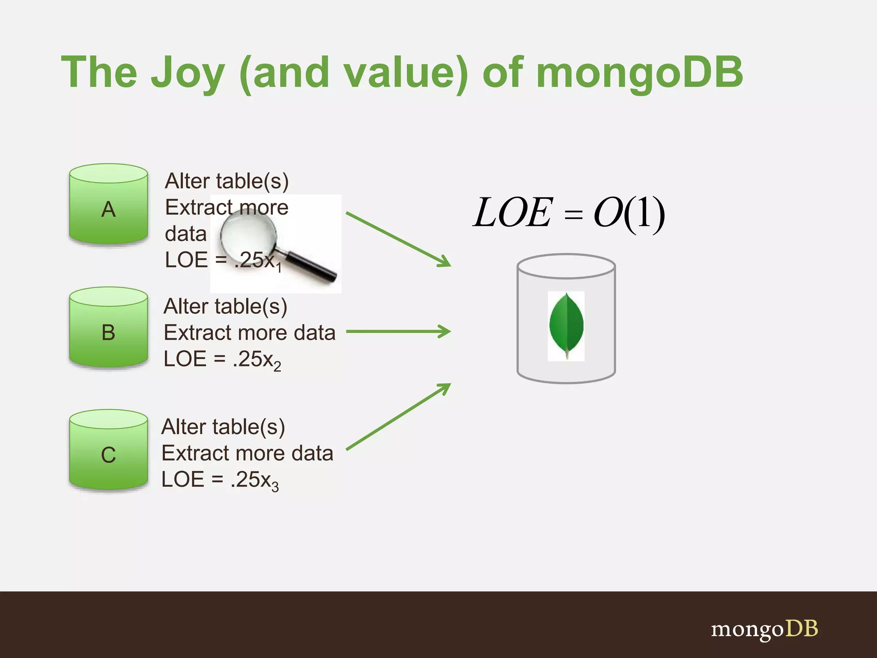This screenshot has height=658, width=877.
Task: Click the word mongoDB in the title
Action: point(639,74)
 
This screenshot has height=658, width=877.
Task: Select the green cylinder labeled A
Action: point(108,205)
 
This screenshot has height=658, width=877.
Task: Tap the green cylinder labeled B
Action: point(108,328)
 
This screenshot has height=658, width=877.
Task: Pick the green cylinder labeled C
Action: point(108,451)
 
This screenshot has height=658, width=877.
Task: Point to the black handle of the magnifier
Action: point(310,266)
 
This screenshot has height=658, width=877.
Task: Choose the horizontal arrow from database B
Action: point(398,331)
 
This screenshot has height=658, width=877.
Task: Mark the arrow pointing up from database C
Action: point(398,417)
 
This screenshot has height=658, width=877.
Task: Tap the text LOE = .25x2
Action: point(222,360)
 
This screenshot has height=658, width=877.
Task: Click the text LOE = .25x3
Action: point(220,480)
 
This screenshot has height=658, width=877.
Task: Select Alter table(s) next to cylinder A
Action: point(227,181)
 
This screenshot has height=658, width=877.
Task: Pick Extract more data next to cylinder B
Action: point(249,333)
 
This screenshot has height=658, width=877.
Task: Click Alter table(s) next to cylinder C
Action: point(223,427)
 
